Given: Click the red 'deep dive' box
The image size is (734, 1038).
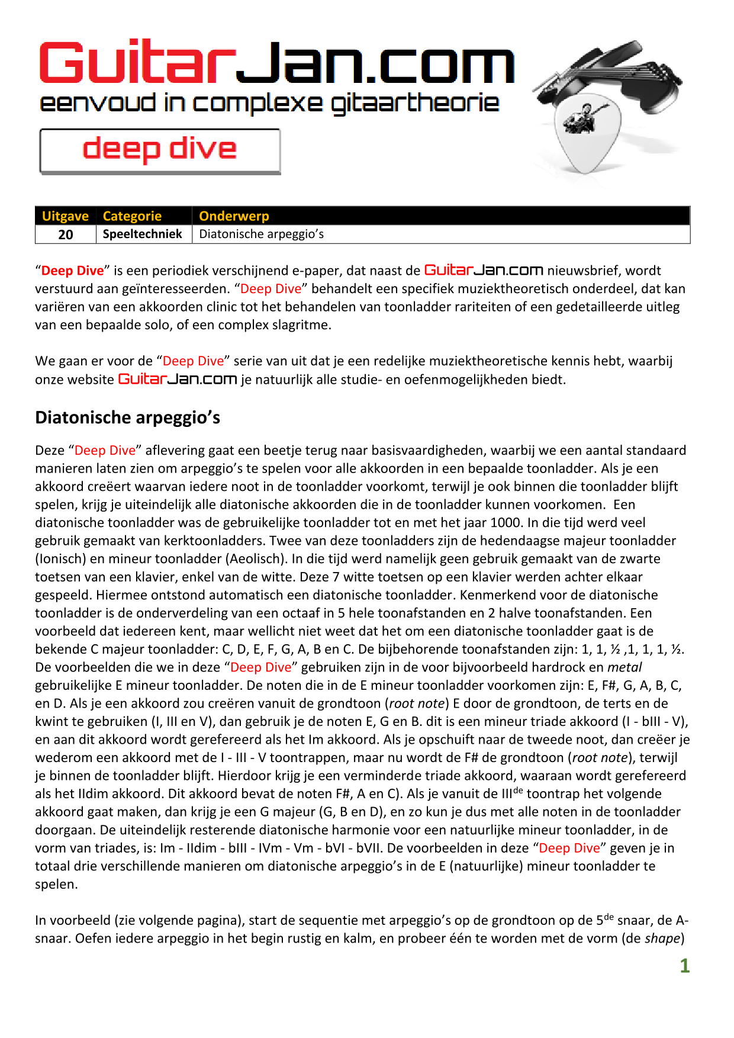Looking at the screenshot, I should (160, 151).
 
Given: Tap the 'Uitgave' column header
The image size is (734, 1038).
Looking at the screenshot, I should (65, 216).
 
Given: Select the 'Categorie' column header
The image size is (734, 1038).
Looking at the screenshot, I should (132, 216).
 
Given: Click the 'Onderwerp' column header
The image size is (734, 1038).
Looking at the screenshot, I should (234, 216).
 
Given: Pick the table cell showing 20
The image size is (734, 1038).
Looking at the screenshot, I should (66, 234).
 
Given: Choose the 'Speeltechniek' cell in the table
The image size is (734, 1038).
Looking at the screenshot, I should (143, 234).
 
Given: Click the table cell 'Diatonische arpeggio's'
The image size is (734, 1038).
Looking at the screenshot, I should (262, 234).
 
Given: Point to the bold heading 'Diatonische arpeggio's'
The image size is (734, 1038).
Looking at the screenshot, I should (127, 417).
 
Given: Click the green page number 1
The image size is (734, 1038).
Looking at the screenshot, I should (684, 966).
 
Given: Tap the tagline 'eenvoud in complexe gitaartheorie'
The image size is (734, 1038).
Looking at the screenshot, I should (269, 104).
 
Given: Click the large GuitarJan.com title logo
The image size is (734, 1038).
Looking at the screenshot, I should (276, 63).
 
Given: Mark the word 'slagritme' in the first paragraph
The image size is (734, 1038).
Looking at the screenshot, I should (302, 325).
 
